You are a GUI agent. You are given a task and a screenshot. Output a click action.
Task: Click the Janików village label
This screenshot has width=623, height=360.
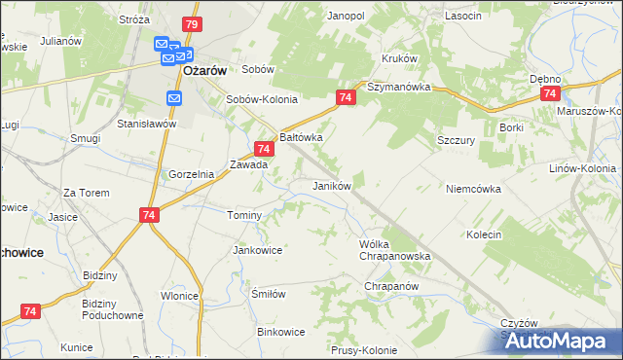click(331, 185)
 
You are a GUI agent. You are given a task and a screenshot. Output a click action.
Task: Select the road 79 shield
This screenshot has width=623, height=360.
click(192, 23)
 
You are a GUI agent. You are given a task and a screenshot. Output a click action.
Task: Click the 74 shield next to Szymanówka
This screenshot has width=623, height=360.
click(347, 97)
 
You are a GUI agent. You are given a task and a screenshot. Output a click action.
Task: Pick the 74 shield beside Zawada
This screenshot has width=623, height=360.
click(263, 149)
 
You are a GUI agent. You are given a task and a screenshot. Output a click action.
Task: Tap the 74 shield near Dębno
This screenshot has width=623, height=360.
click(551, 93)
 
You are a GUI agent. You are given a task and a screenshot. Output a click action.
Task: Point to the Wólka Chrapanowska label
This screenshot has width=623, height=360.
click(394, 250)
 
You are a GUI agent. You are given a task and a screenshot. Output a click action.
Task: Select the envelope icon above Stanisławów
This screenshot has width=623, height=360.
click(173, 98)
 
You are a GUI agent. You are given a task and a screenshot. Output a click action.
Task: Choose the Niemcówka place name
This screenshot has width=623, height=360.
click(473, 189)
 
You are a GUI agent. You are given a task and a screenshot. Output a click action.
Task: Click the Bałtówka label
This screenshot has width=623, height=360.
click(301, 138)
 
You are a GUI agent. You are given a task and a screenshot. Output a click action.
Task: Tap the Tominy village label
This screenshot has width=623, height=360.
click(243, 215)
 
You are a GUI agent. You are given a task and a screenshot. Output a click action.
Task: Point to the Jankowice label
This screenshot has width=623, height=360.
click(257, 250)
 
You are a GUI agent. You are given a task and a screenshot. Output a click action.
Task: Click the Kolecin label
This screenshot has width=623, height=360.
click(483, 234)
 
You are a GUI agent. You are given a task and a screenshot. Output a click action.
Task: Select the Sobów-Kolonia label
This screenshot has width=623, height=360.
click(261, 99)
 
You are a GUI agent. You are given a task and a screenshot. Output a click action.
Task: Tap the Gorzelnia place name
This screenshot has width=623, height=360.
click(191, 174)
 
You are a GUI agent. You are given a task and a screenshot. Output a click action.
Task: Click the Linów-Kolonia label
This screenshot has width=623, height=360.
click(582, 168)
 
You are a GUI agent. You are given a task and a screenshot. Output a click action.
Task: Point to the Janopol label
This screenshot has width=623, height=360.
click(346, 16)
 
